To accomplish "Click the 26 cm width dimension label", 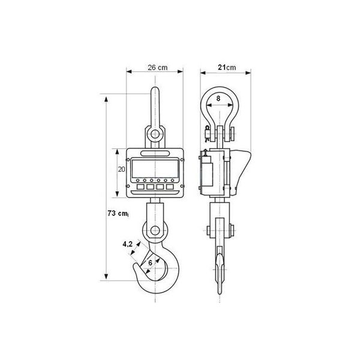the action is [x=157, y=67].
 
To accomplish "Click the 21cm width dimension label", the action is [x=227, y=67].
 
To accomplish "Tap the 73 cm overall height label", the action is [x=118, y=213].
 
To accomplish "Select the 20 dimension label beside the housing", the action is [x=121, y=169].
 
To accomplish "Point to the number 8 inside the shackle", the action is [x=218, y=98].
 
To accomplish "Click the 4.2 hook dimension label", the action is [x=127, y=244].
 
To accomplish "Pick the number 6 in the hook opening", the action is [x=150, y=263].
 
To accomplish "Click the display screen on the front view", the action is [x=155, y=169].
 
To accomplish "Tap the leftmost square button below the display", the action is [x=140, y=187].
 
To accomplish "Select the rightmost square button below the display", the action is [x=170, y=187].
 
